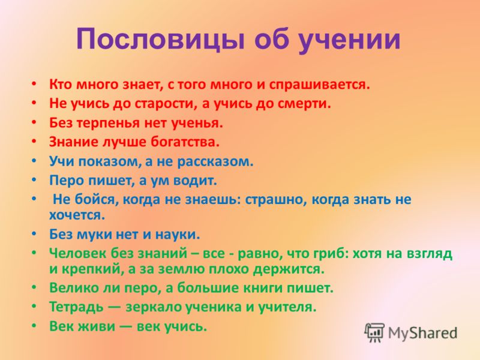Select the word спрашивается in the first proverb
tap(320, 85)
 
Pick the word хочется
tap(77, 215)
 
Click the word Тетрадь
tap(77, 307)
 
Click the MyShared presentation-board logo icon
tap(374, 332)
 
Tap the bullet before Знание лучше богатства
tap(34, 141)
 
